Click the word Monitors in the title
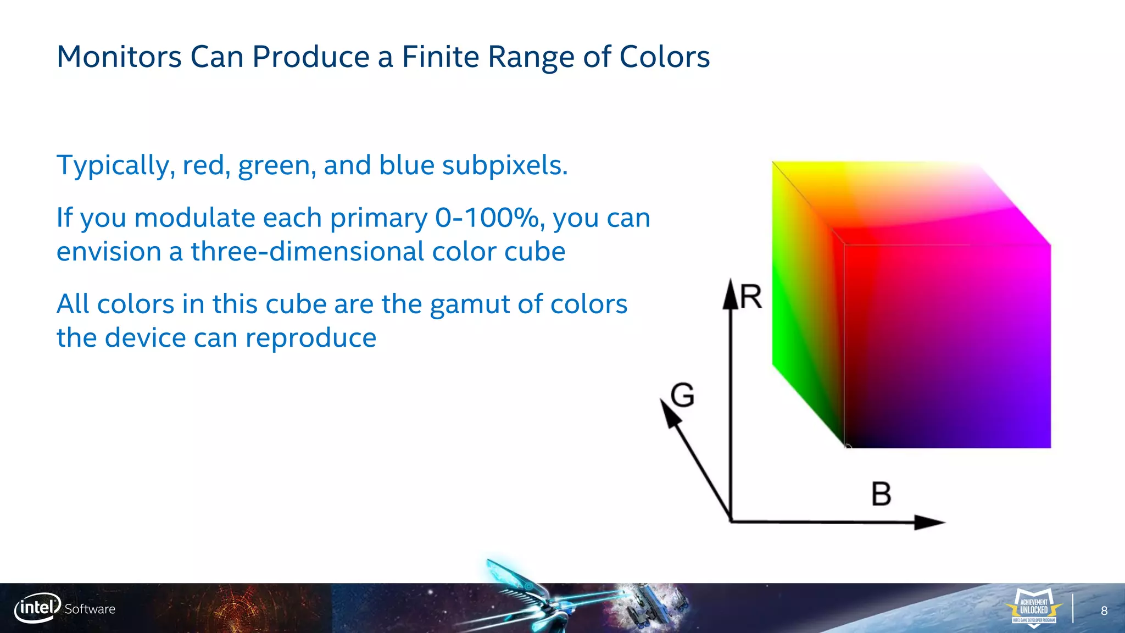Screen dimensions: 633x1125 point(119,57)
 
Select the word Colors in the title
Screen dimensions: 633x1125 point(664,57)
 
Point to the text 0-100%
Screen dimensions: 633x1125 point(487,218)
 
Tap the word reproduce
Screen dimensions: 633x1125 point(310,337)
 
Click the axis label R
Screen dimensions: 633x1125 point(751,297)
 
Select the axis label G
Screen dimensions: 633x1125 point(683,395)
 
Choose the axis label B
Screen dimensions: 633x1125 point(881,494)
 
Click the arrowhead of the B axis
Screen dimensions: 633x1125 point(929,522)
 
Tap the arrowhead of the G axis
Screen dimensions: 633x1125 point(669,412)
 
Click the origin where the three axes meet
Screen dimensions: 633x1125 point(731,520)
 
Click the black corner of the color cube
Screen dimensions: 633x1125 point(846,446)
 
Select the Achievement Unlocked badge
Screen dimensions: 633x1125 point(1033,608)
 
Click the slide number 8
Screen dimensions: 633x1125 point(1104,611)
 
